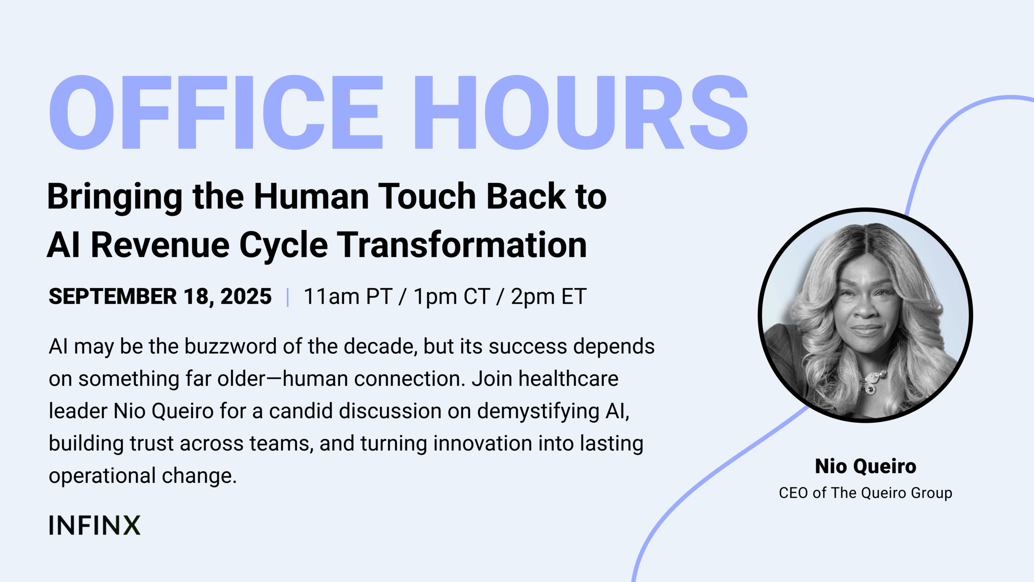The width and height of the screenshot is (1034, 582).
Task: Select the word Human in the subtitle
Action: pos(311,196)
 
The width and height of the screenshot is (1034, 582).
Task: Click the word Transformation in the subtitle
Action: pos(462,245)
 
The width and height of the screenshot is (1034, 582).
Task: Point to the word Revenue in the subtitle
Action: pos(160,245)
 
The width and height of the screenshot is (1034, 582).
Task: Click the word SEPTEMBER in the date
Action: pos(113,296)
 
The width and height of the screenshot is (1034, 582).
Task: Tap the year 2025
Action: pos(246,296)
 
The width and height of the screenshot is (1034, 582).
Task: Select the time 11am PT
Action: pos(348,297)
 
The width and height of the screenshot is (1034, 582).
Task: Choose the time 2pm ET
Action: pos(549,297)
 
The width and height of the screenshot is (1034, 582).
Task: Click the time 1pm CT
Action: pos(452,297)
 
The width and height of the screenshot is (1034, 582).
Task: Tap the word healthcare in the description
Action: pos(568,379)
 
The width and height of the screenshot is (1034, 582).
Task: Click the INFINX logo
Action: pos(95,525)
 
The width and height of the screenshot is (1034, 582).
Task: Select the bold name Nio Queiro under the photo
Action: pos(866,466)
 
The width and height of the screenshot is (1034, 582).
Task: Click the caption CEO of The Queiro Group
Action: pos(866,493)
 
